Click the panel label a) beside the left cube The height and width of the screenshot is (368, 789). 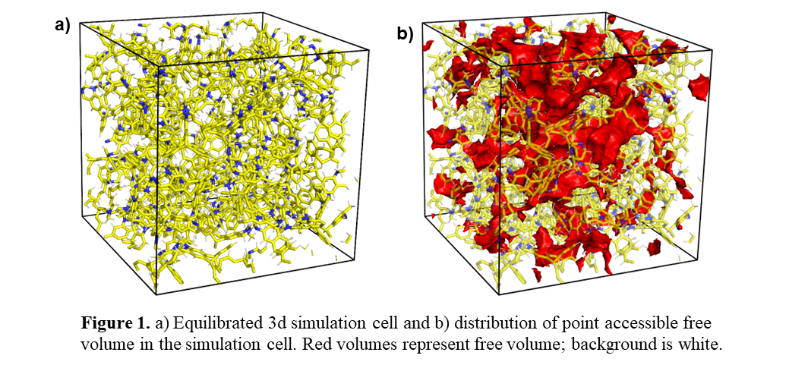(x=62, y=25)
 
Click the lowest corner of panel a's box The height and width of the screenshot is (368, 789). (x=156, y=295)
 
